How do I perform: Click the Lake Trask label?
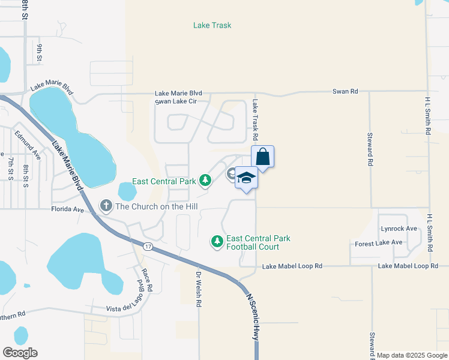click(212, 25)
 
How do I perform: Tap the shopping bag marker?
click(262, 157)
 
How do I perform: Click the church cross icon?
click(106, 206)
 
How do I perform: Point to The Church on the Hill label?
click(157, 206)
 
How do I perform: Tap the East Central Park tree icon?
click(205, 180)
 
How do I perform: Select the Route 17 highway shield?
click(147, 246)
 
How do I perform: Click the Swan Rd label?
click(345, 91)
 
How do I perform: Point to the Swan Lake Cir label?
click(176, 101)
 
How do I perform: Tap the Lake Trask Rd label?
click(255, 121)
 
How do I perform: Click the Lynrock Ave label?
click(399, 229)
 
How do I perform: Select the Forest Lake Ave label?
click(378, 242)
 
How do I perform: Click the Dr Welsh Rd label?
click(199, 290)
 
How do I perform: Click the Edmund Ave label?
click(28, 145)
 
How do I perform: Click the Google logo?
click(20, 353)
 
